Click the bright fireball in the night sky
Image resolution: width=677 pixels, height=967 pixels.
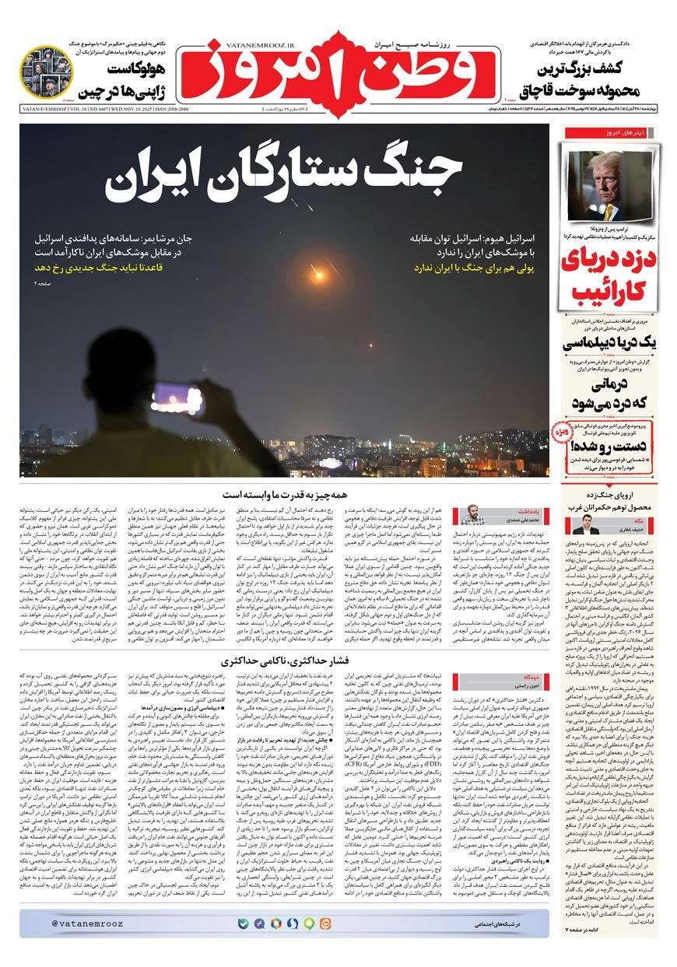point(319,274)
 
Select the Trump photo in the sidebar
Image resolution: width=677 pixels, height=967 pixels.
point(610,186)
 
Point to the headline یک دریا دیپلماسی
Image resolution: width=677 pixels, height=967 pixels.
point(610,342)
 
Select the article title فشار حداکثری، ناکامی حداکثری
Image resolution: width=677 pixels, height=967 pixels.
point(288,662)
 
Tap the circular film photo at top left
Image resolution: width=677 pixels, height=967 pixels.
point(46,71)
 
